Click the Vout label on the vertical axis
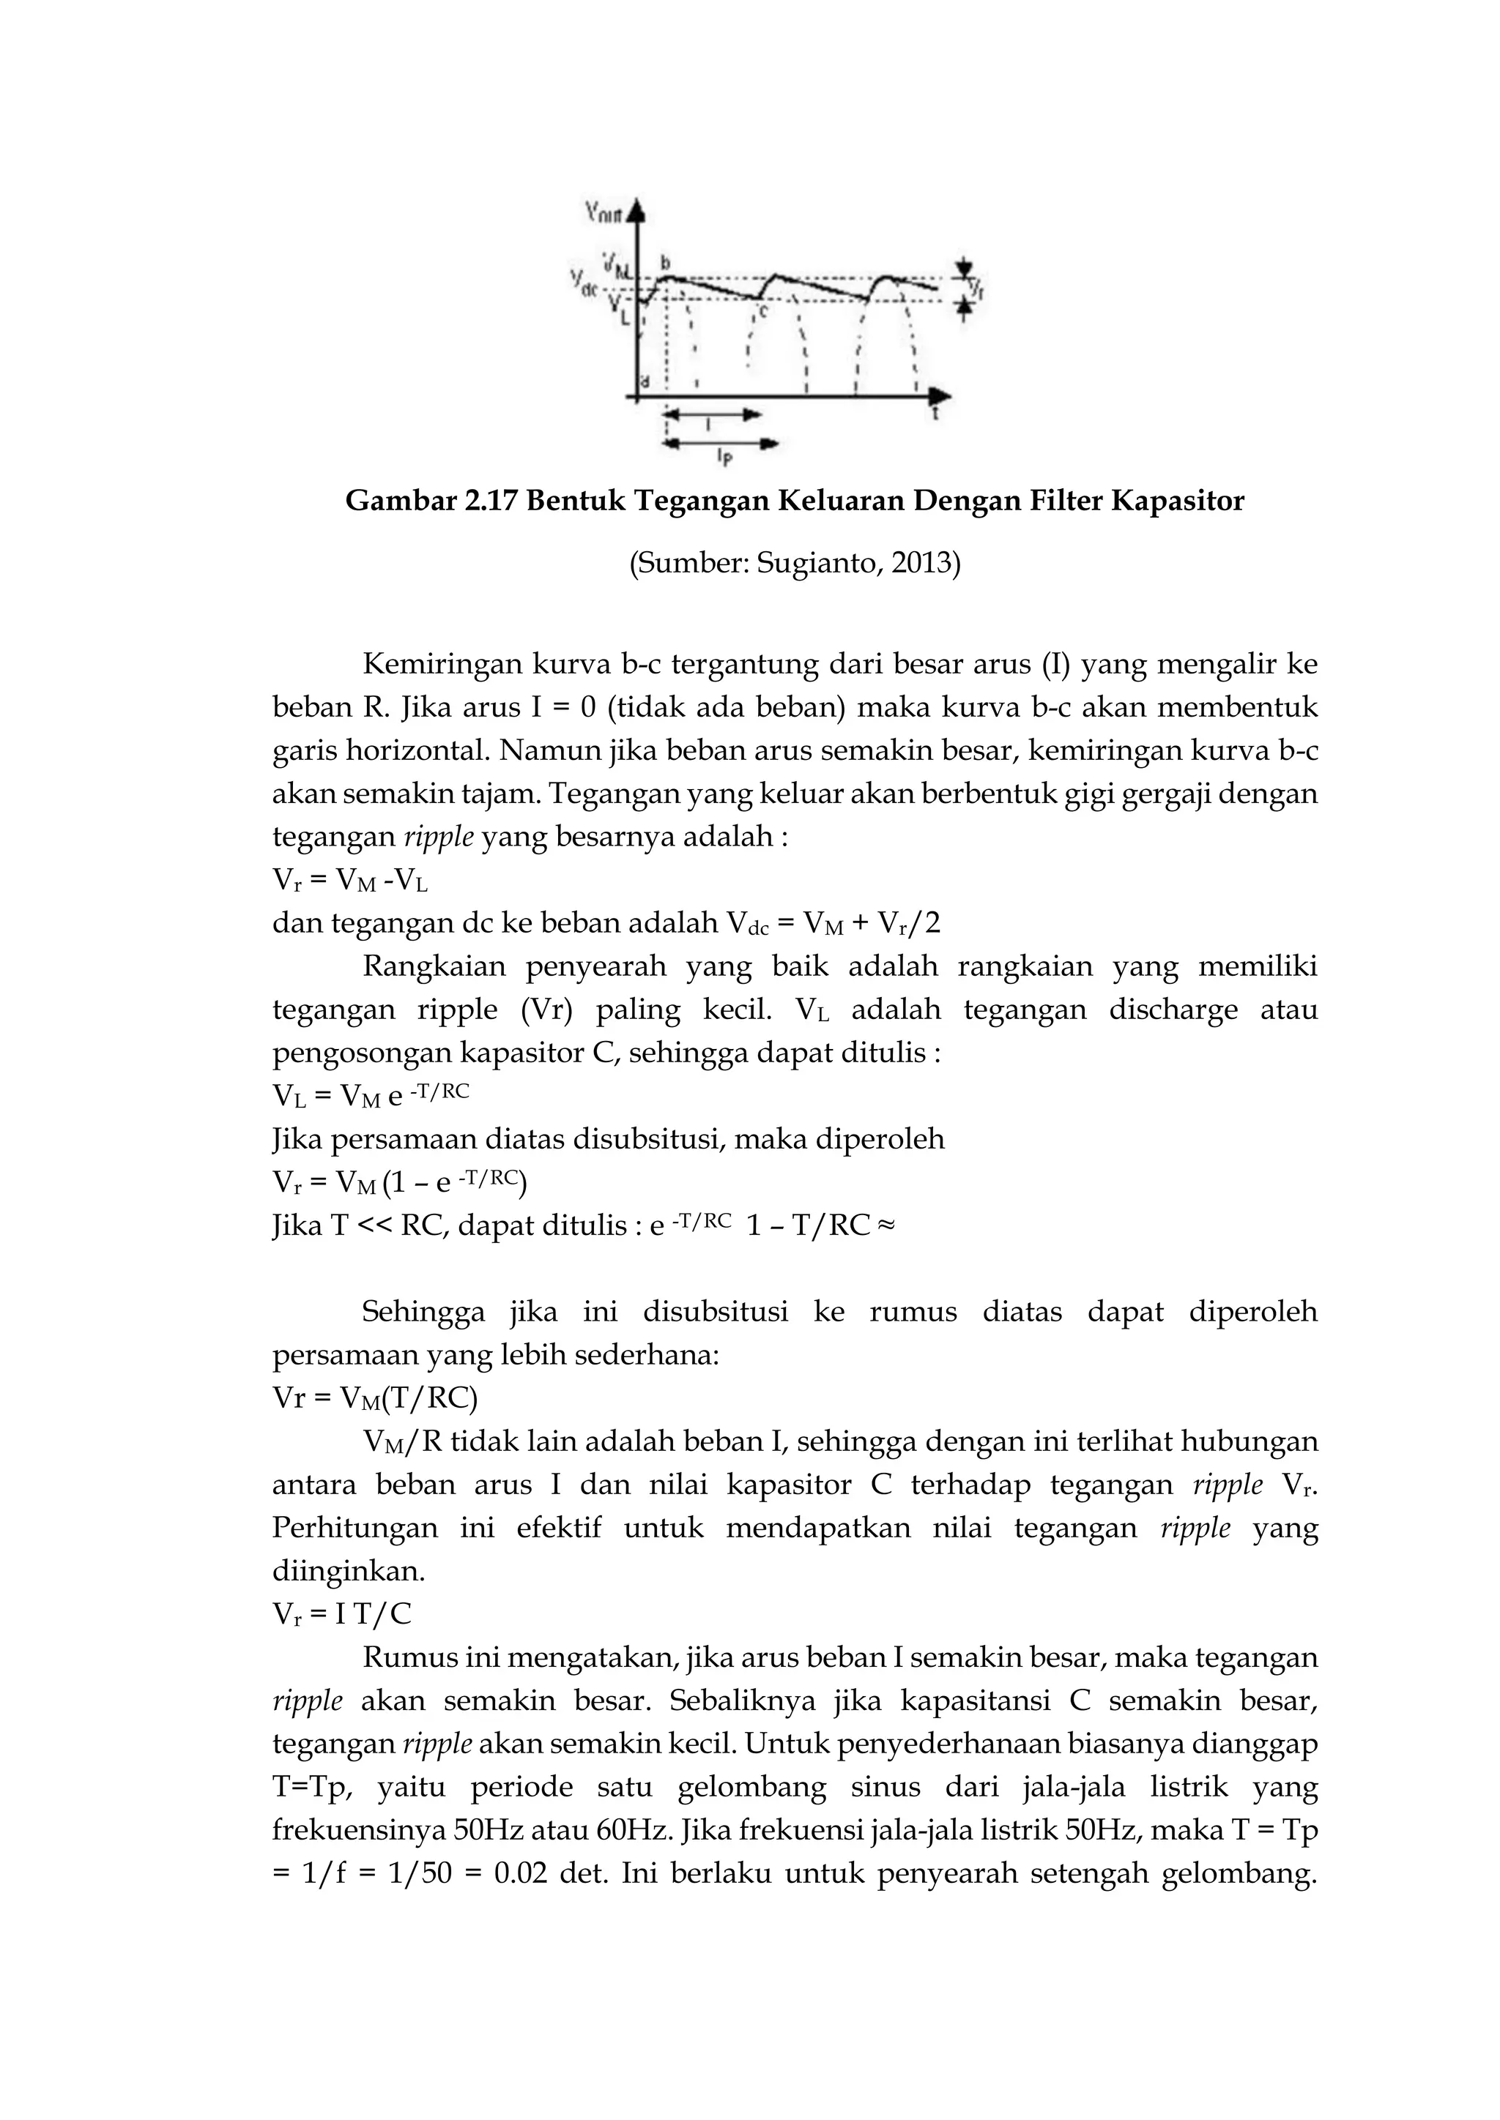pyautogui.click(x=604, y=213)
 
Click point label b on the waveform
pyautogui.click(x=665, y=261)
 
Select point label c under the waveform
pyautogui.click(x=763, y=313)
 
